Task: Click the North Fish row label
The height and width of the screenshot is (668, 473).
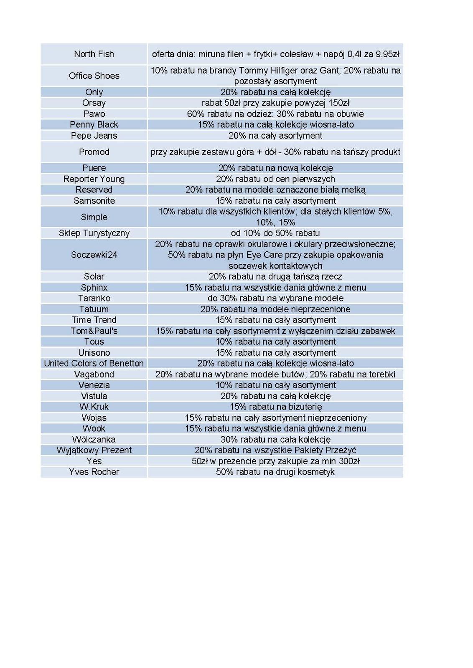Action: pos(94,54)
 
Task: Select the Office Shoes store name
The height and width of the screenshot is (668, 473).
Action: pos(94,76)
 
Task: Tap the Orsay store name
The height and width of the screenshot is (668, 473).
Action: pos(94,103)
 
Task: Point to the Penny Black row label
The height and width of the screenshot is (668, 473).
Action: pos(94,124)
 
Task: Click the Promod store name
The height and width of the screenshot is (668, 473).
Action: pos(94,152)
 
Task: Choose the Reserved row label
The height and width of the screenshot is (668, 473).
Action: pos(94,190)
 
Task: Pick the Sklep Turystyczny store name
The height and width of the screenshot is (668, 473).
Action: pos(94,233)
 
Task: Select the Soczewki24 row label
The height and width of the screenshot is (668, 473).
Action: pos(94,255)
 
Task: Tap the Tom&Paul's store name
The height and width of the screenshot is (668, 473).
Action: pos(94,331)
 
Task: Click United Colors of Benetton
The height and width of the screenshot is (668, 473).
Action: pos(94,363)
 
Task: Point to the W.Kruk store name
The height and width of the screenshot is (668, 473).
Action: pos(94,407)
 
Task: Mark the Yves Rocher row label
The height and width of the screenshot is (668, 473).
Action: pos(94,472)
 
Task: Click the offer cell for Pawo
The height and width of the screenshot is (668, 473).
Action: pos(275,114)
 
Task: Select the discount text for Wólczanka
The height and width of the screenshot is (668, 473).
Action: pos(275,439)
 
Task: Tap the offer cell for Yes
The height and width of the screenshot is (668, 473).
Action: pos(275,461)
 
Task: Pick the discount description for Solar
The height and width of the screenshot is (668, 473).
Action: pos(275,276)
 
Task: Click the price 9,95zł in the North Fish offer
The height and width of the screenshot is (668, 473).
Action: pos(387,54)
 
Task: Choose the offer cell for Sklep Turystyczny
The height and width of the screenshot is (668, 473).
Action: pos(275,233)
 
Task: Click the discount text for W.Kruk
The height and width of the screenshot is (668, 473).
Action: pos(275,407)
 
